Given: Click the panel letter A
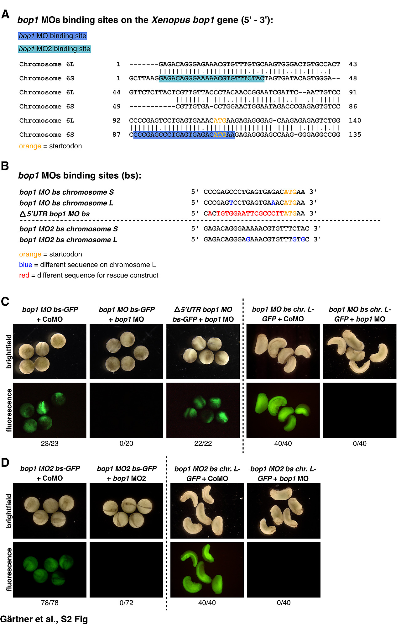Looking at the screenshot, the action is point(5,14).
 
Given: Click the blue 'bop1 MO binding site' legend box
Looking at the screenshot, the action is point(52,36).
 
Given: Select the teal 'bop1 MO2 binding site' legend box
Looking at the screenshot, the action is point(55,49).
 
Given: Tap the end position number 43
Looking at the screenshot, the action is point(353,64).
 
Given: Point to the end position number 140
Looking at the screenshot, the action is point(355,121).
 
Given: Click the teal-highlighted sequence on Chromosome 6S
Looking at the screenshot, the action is point(211,78).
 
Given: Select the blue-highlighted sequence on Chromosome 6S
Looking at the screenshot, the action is point(184,135).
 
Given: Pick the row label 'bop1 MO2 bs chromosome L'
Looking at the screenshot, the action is point(68,240).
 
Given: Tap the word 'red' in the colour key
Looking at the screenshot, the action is point(24,275).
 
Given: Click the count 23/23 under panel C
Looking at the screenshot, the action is point(49,444).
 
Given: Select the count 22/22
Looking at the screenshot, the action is point(203,444).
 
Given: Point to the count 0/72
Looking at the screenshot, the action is point(126,603).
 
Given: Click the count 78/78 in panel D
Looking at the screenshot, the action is point(49,603).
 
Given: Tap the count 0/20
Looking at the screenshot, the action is point(126,444).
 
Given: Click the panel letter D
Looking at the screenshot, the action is point(5,463).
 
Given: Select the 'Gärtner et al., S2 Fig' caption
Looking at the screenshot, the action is point(44,619).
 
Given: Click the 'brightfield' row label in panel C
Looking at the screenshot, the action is point(9,351).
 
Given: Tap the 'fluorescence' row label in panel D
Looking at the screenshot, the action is point(9,570).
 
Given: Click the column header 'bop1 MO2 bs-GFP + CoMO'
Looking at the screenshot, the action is point(50,473).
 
